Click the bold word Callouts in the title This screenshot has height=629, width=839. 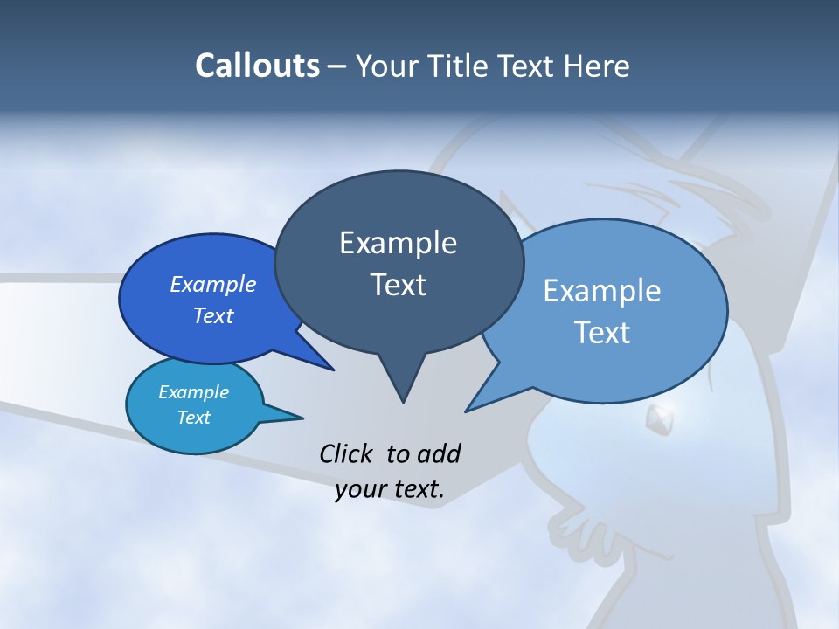pos(257,66)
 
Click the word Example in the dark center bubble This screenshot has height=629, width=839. pos(398,243)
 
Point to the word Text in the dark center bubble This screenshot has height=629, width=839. pos(398,285)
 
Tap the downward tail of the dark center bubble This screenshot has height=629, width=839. pos(402,380)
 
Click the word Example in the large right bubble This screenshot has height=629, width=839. pos(602,291)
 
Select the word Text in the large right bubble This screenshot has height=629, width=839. pos(602,333)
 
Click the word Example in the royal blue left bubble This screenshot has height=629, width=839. pos(213,285)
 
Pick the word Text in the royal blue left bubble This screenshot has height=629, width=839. pos(213,316)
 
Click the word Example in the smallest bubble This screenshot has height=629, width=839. pos(193,393)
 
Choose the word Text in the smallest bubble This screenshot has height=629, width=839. pos(193,418)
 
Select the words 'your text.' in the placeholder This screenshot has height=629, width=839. pos(390,489)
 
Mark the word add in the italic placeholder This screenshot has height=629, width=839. pos(439,453)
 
